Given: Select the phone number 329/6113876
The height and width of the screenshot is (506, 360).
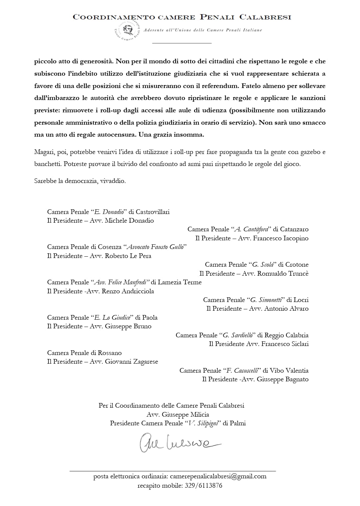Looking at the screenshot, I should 203,485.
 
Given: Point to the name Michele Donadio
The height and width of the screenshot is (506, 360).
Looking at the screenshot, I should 129,221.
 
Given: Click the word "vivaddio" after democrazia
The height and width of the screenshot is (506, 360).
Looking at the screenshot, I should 114,181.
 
